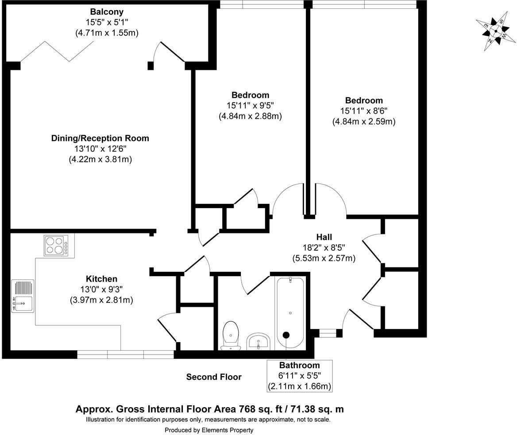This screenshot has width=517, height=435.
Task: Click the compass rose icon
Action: pyautogui.click(x=495, y=31)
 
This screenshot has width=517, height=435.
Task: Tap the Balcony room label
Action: pyautogui.click(x=107, y=12)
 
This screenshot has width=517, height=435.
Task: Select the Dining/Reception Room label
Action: pyautogui.click(x=100, y=138)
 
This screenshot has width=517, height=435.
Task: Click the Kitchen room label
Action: pyautogui.click(x=101, y=279)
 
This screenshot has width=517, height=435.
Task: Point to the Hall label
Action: pyautogui.click(x=324, y=237)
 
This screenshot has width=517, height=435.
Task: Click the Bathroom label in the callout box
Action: pyautogui.click(x=299, y=365)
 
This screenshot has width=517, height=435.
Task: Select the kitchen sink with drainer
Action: pyautogui.click(x=23, y=296)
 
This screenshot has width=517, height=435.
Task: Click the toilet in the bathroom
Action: pyautogui.click(x=230, y=335)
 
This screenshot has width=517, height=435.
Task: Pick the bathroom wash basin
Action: pyautogui.click(x=258, y=341)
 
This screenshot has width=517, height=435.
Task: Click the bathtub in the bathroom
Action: pyautogui.click(x=290, y=312)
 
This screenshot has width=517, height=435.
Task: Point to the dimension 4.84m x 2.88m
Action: pyautogui.click(x=250, y=116)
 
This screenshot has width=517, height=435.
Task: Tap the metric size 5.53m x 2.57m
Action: pyautogui.click(x=324, y=258)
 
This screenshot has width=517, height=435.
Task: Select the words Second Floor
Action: pyautogui.click(x=214, y=377)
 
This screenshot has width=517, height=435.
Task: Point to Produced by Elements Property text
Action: pyautogui.click(x=209, y=430)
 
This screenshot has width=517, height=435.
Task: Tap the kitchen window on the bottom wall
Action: pyautogui.click(x=125, y=355)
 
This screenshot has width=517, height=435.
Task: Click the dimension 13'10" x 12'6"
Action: pyautogui.click(x=100, y=149)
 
